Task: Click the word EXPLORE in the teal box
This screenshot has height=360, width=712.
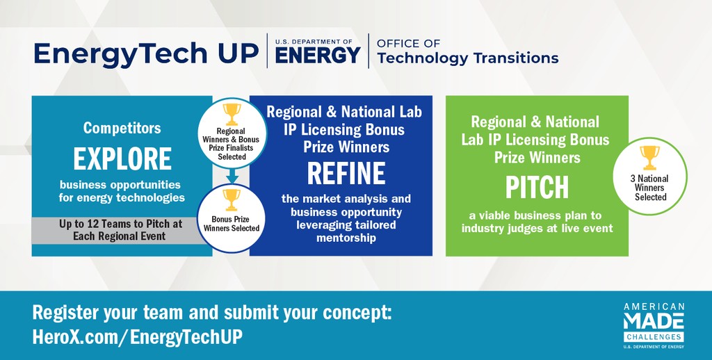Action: click(122, 159)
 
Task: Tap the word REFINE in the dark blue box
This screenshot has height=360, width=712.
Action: click(346, 174)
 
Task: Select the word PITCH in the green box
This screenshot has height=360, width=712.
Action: click(537, 188)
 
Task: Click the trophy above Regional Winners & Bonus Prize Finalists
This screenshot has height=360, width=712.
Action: click(232, 115)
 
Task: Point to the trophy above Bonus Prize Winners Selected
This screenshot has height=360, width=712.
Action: click(232, 199)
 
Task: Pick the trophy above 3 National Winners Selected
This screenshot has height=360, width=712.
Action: click(650, 158)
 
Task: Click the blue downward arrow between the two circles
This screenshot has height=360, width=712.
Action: click(232, 176)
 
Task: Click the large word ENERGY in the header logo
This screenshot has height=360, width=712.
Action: click(317, 56)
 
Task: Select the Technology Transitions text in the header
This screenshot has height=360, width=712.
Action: click(468, 58)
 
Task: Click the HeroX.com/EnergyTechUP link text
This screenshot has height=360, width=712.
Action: click(138, 337)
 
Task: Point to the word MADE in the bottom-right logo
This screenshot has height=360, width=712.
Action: click(654, 321)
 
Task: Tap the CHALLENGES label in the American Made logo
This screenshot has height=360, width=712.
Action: click(654, 337)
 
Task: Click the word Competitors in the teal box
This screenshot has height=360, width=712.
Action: click(122, 128)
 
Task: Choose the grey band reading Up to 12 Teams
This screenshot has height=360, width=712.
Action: click(122, 230)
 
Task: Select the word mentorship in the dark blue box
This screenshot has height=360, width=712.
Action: click(346, 238)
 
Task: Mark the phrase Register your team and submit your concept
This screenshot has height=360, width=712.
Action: click(212, 313)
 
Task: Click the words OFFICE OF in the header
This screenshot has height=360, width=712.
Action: click(409, 44)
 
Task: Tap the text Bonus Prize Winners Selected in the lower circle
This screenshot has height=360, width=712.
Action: click(232, 224)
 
